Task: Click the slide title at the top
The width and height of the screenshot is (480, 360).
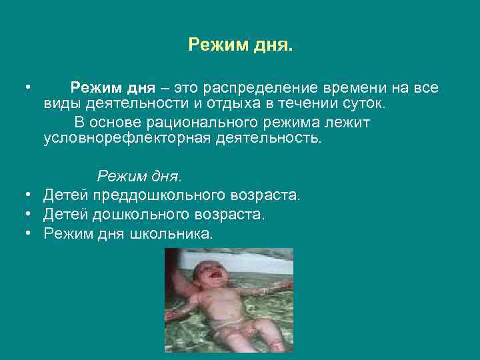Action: [x=240, y=45]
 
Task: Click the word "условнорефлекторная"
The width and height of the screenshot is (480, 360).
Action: [x=124, y=139]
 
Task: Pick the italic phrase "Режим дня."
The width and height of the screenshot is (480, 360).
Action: [x=139, y=177]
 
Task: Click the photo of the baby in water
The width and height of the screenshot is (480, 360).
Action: [x=229, y=300]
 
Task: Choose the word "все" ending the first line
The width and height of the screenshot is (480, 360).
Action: [x=425, y=89]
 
